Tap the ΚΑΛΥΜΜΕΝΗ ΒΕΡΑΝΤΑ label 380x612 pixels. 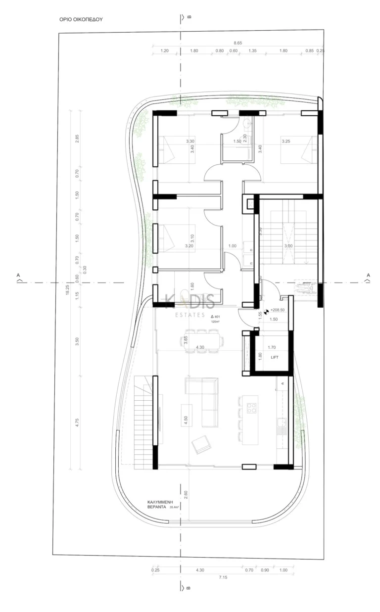160,504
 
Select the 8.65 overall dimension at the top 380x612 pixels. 237,43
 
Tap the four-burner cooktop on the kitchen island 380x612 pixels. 251,408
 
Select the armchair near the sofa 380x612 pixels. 201,444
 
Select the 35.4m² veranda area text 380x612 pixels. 176,507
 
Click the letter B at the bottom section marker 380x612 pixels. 189,588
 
